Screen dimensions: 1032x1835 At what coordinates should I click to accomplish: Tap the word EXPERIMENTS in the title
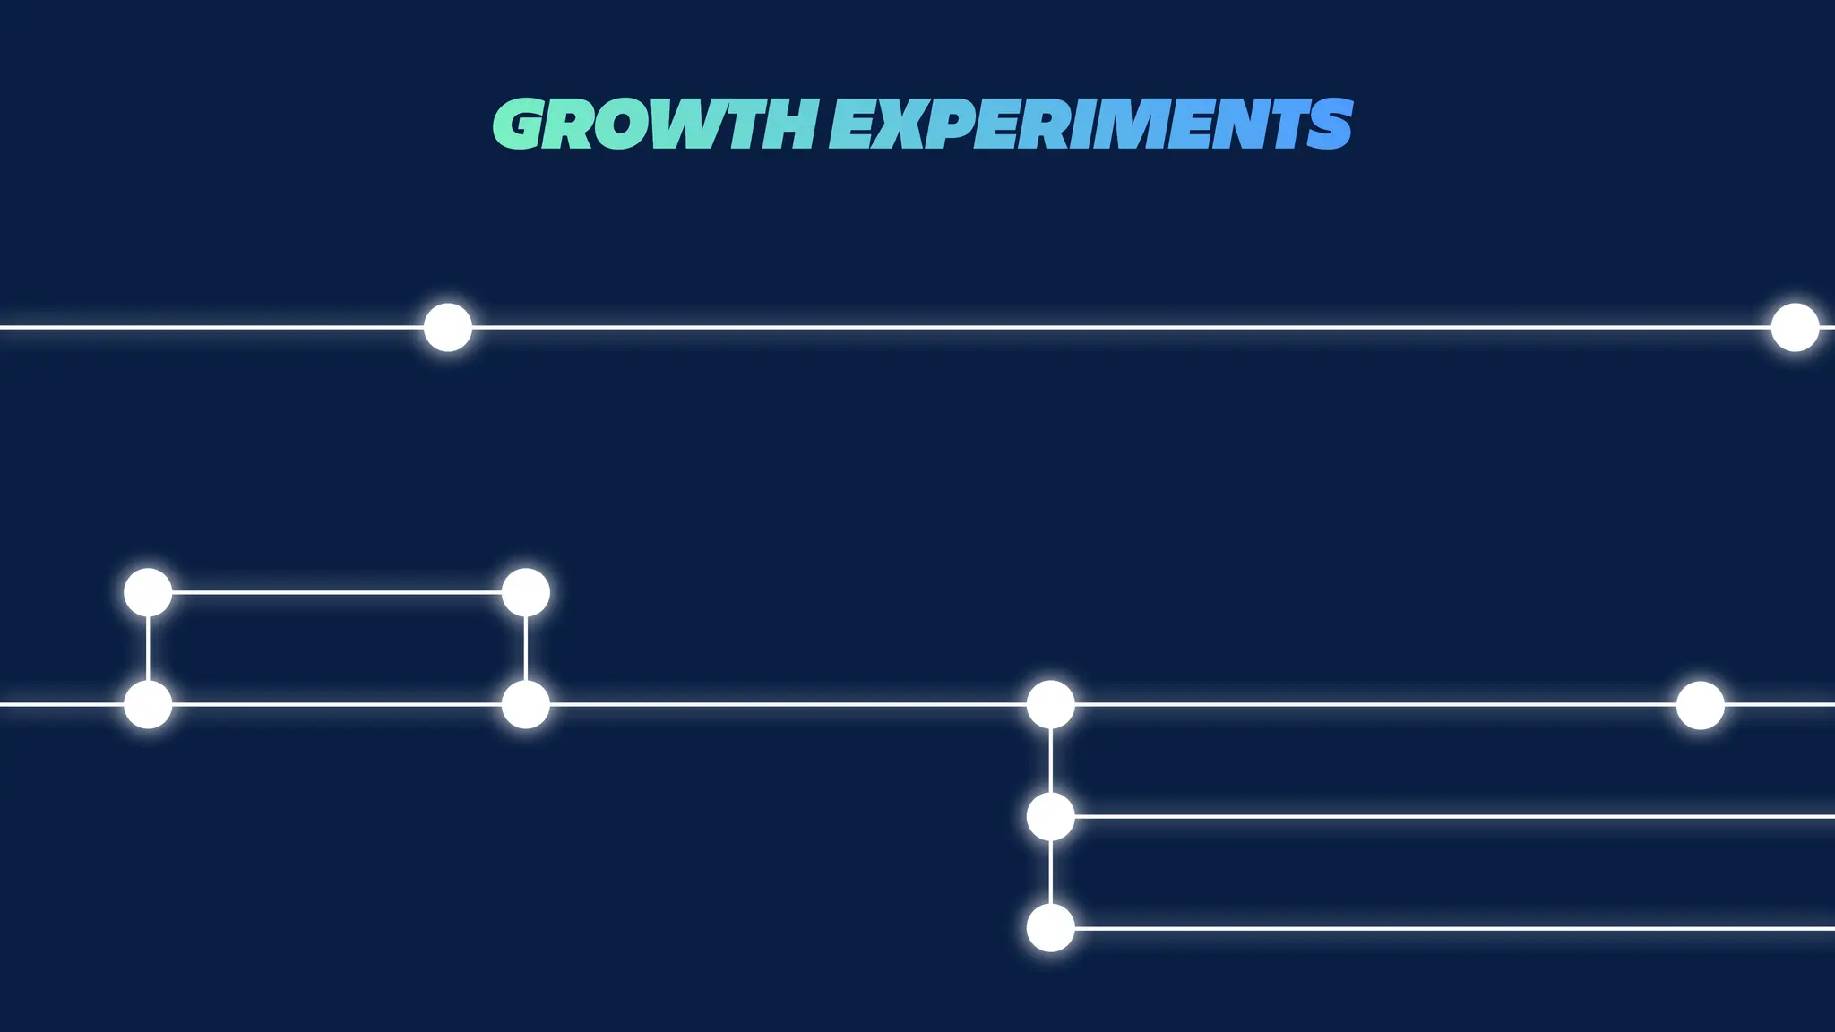point(1090,125)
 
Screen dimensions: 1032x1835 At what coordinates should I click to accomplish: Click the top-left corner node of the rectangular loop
point(148,592)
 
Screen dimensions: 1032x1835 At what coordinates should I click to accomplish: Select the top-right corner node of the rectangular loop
point(525,592)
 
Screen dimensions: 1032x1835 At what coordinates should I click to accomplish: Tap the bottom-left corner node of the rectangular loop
point(148,704)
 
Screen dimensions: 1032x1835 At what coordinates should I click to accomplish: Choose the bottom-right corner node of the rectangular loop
point(525,704)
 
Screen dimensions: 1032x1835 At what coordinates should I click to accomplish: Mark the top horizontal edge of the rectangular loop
point(336,592)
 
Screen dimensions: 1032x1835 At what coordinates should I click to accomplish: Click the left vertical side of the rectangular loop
point(148,649)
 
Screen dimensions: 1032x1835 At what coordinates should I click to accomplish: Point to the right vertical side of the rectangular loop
point(525,649)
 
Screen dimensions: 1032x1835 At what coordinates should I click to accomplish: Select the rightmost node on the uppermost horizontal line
point(1795,327)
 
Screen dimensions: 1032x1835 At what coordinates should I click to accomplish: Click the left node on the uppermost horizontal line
point(447,327)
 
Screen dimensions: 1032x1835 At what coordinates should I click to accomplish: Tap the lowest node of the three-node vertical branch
point(1050,928)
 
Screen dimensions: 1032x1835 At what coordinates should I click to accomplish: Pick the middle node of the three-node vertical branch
point(1050,816)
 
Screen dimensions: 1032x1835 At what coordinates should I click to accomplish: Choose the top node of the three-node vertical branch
point(1050,704)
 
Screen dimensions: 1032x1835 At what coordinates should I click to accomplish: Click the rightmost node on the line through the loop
point(1700,705)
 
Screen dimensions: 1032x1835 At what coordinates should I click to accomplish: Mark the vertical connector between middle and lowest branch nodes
point(1050,873)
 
